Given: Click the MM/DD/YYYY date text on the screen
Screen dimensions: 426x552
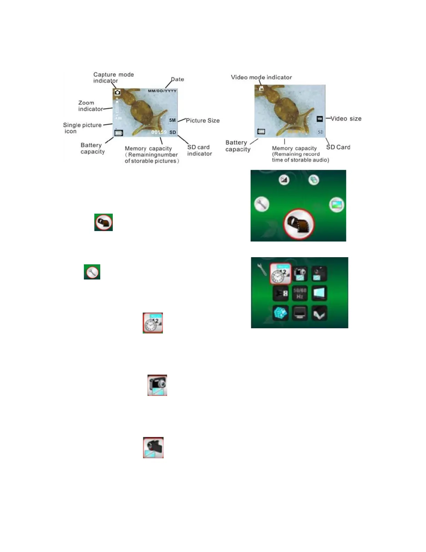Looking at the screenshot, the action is coord(162,91).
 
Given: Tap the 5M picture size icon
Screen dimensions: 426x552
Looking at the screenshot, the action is coord(172,120).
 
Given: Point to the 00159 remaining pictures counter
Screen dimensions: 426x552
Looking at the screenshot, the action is coord(159,132).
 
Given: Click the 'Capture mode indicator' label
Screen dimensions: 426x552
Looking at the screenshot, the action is coord(113,77).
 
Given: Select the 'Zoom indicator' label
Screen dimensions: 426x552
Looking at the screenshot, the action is coord(90,106).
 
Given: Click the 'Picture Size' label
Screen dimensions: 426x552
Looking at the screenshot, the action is coord(203,121).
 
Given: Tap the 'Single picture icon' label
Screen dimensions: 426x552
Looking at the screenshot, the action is coord(82,128).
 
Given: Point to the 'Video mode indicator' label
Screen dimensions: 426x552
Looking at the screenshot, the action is coord(261,77).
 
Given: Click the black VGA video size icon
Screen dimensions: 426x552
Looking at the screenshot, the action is coord(320,119).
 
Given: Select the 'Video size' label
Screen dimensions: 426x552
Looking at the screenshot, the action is coord(346,119).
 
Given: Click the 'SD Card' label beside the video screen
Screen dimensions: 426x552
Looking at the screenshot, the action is coord(338,147).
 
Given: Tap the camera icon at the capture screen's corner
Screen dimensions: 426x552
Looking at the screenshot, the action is coord(118,92).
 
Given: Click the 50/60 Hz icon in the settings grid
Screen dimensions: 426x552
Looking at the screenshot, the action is coord(300,293).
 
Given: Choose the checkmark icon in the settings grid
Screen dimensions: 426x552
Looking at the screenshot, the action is coord(319,313).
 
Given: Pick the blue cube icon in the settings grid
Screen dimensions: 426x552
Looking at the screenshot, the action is coord(280,313).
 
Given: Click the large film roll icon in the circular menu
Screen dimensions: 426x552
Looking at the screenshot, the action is coord(299,224).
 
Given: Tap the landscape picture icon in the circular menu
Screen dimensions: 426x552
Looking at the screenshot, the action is coord(336,205).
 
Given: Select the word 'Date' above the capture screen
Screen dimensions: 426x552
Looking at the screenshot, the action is coord(177,79).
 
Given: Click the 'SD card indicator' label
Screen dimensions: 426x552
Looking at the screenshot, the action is coord(199,151).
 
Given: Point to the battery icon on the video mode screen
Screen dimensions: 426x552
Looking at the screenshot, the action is coord(261,131).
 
